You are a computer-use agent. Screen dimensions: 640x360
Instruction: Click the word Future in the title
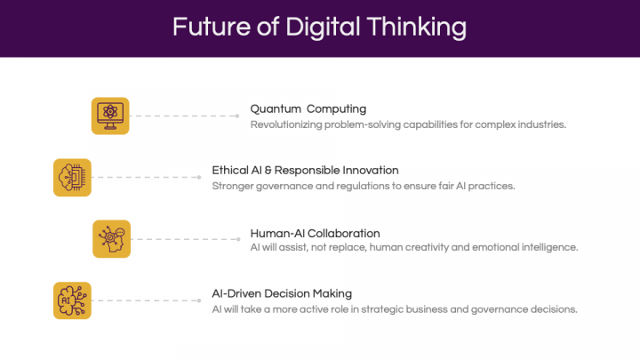tap(211, 27)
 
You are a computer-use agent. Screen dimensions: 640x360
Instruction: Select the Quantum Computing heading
tap(308, 109)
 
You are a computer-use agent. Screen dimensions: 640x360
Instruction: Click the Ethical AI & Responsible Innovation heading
tap(305, 170)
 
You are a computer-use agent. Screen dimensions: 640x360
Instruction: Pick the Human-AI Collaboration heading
tap(315, 233)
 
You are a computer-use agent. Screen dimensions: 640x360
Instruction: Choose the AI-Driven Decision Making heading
tap(282, 293)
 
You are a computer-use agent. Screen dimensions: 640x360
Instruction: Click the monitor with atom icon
tap(110, 116)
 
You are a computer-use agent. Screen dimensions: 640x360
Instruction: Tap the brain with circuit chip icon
tap(72, 178)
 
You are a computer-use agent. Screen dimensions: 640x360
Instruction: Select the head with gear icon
tap(111, 239)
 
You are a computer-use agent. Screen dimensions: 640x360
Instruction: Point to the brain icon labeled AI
tap(72, 300)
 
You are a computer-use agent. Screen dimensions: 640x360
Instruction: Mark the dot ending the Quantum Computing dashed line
tap(237, 116)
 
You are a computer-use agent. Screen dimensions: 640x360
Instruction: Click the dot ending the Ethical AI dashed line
tap(199, 177)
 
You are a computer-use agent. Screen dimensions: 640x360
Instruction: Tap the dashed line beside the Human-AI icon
tap(186, 239)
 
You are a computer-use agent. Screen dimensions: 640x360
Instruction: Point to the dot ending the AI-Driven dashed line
tap(199, 300)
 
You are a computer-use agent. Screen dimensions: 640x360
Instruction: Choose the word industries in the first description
tap(542, 124)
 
